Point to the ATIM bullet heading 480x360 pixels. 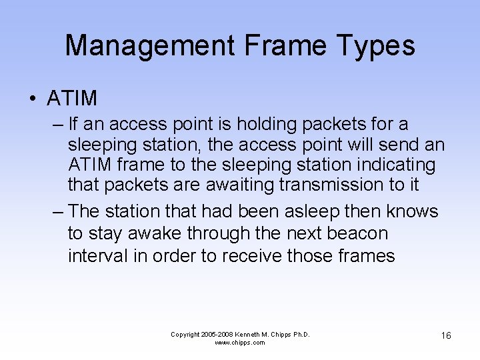pos(72,99)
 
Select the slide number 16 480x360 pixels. pos(445,335)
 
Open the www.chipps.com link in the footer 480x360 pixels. pos(240,343)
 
